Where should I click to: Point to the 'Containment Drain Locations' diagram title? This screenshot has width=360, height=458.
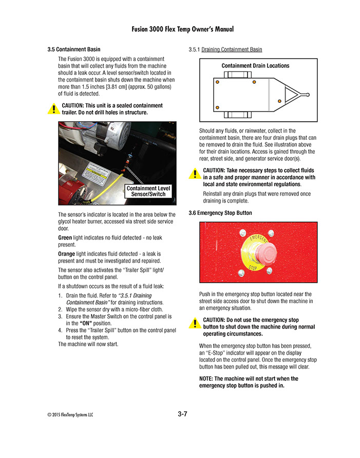point(255,66)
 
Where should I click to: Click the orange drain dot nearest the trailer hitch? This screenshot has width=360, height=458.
point(279,100)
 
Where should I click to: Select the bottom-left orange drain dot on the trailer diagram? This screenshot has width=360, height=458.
point(217,107)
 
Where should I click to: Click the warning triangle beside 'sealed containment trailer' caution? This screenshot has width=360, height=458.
point(53,109)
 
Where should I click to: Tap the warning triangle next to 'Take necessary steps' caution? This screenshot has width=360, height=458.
point(195,174)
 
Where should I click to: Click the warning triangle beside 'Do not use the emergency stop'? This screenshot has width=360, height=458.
point(195,323)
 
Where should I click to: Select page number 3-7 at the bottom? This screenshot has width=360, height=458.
point(182,414)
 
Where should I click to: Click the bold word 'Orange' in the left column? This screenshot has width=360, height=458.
point(67,254)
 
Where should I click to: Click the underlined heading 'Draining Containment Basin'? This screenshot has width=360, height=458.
point(232,50)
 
